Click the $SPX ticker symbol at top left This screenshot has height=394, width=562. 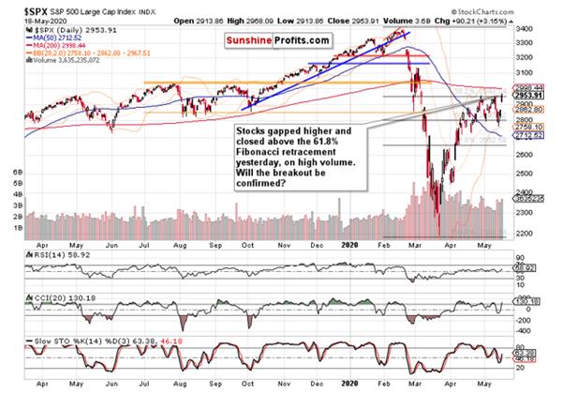click(19, 7)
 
